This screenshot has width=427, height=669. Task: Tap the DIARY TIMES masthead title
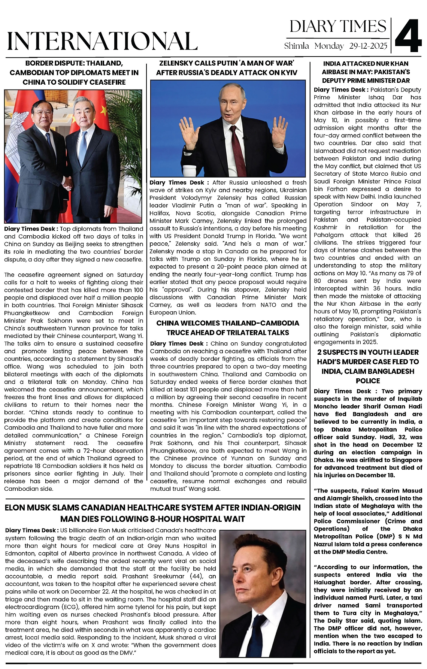click(x=338, y=26)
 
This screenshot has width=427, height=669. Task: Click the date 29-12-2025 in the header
click(x=369, y=46)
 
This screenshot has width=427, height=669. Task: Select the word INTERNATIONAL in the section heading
click(x=102, y=41)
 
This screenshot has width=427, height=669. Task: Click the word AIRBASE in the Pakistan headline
click(x=337, y=72)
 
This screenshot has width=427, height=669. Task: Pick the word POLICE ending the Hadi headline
click(x=368, y=381)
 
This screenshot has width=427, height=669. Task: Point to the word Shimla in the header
click(x=296, y=46)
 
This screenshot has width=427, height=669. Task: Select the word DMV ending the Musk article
click(x=126, y=653)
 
